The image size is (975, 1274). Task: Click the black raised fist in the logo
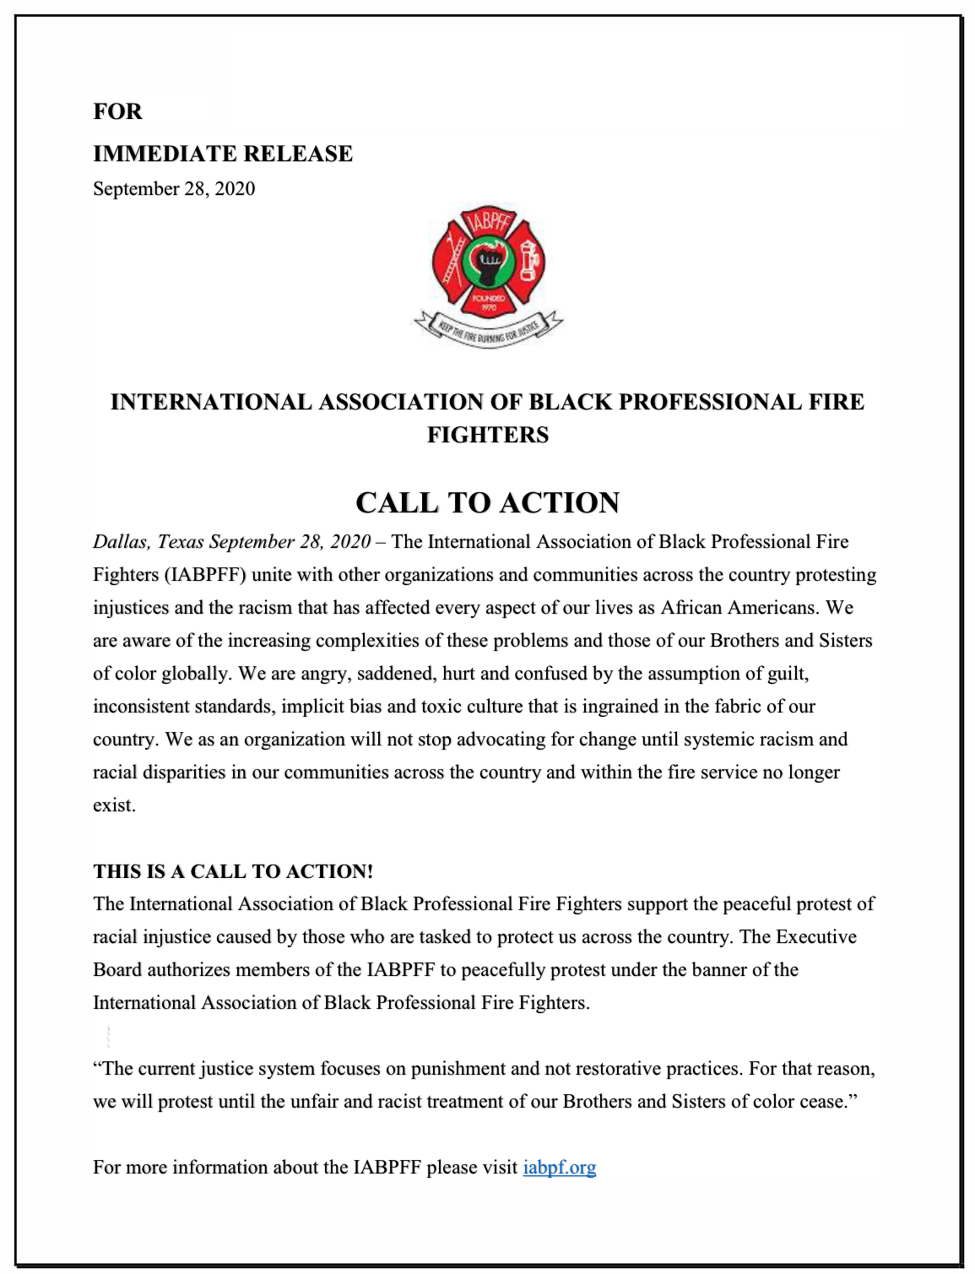tap(488, 263)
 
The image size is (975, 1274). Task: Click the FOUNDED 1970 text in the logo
tap(488, 302)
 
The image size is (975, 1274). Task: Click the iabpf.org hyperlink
tap(559, 1167)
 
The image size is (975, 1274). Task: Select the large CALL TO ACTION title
tap(487, 502)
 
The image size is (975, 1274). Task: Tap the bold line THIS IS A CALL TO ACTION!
tap(233, 871)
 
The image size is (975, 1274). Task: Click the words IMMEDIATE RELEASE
tap(223, 154)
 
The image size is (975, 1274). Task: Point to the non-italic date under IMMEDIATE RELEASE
tap(174, 188)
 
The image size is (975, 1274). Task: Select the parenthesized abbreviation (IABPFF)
tap(205, 574)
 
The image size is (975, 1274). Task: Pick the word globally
tap(198, 673)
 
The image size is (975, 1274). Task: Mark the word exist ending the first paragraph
tap(113, 805)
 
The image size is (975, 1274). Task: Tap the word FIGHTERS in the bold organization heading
tap(487, 435)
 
